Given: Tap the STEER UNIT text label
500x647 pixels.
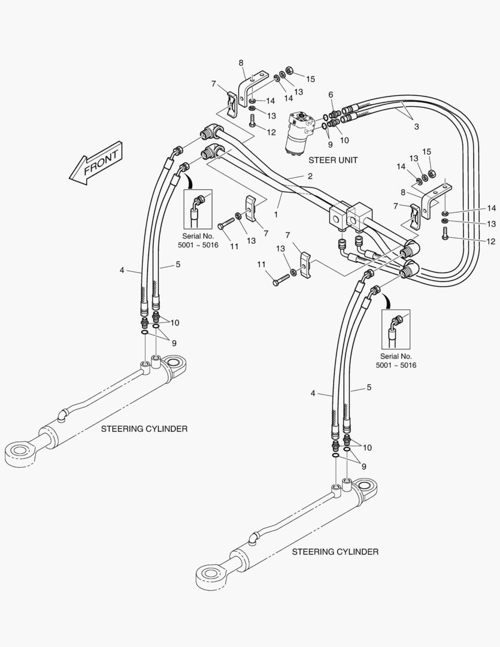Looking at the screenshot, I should click(x=333, y=161).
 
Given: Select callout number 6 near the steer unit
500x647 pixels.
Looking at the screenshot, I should click(x=331, y=95).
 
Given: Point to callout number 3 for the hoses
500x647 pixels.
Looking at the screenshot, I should click(x=416, y=127).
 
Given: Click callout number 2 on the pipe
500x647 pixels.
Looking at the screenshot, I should click(x=310, y=176).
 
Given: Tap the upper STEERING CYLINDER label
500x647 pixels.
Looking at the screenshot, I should click(x=144, y=429).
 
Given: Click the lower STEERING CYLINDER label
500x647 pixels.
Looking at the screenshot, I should click(x=335, y=551).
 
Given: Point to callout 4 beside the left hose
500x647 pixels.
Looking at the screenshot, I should click(x=122, y=270).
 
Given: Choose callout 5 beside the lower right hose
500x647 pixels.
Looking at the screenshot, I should click(x=369, y=388).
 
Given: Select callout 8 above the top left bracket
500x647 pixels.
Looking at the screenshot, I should click(x=241, y=63).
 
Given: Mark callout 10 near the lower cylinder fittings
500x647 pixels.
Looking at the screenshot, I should click(x=367, y=448).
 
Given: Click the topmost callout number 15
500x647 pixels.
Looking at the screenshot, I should click(x=310, y=79).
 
